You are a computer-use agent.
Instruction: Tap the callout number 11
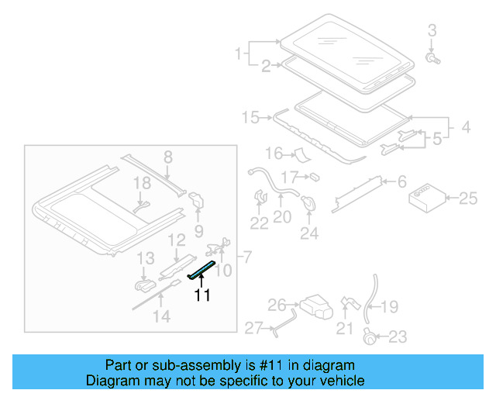[x=202, y=295]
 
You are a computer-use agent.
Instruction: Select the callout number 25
[x=468, y=199]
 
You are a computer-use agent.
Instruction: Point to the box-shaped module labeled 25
[x=427, y=198]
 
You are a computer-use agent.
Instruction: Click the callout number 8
[x=167, y=157]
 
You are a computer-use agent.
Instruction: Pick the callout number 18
[x=140, y=183]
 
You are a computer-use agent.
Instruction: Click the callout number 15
[x=250, y=117]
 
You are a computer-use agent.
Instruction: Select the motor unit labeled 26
[x=315, y=307]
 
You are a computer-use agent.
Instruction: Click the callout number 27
[x=254, y=328]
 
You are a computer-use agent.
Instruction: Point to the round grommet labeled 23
[x=370, y=336]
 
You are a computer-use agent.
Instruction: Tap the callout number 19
[x=390, y=307]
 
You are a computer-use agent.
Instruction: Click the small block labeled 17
[x=315, y=177]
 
